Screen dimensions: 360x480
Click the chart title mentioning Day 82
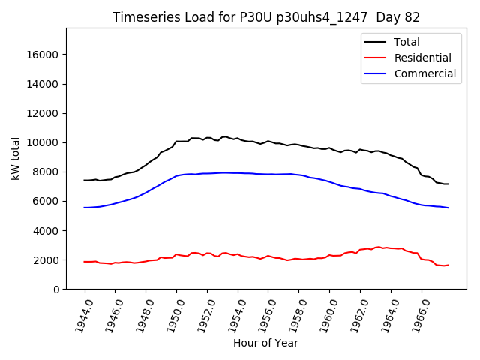point(266,17)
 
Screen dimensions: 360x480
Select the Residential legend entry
point(422,58)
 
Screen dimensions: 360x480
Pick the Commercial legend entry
point(424,73)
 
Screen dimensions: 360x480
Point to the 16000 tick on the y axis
point(44,55)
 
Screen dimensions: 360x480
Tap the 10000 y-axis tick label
point(44,142)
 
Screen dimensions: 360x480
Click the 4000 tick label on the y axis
point(47,230)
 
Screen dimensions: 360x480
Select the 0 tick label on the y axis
point(56,289)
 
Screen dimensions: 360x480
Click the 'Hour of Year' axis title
point(265,343)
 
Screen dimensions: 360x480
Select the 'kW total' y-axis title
point(16,159)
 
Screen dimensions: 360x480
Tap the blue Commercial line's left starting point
point(84,208)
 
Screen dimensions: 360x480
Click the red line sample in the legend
point(376,58)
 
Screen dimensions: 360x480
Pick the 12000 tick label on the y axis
point(44,113)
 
